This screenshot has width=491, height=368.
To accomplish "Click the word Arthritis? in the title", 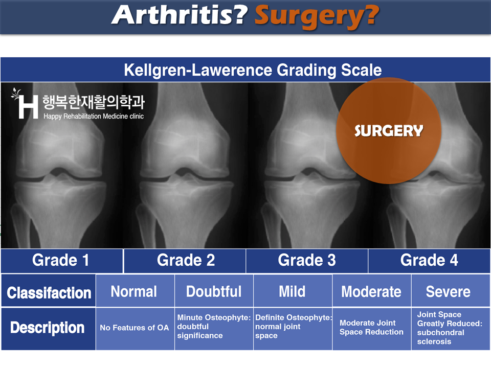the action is (180, 15).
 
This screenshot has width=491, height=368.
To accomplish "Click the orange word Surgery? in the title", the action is (317, 17).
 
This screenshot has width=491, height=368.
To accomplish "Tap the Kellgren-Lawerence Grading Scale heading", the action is (253, 70).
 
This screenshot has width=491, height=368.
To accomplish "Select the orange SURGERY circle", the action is (389, 130).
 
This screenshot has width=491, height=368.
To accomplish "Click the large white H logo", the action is (28, 107).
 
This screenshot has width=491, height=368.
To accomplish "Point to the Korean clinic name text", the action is (93, 102).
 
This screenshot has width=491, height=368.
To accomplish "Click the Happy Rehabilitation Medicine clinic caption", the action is (94, 117).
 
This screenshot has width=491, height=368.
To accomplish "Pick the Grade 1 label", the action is (61, 260).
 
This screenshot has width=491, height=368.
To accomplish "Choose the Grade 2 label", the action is (186, 260).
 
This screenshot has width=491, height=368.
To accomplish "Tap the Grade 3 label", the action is (307, 260).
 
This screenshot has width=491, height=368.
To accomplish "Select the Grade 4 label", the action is (429, 260).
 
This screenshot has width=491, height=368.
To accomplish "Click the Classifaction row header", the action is (49, 292).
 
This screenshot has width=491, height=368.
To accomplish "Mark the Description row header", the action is (47, 328).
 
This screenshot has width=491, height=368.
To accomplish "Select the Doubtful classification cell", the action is (214, 291).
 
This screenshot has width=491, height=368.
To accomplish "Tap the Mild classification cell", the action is (293, 291).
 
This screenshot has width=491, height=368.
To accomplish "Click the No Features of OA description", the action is (135, 328).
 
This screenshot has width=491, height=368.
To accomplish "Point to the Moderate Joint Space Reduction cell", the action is (371, 327).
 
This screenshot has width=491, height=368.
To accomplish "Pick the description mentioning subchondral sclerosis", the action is (450, 328).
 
